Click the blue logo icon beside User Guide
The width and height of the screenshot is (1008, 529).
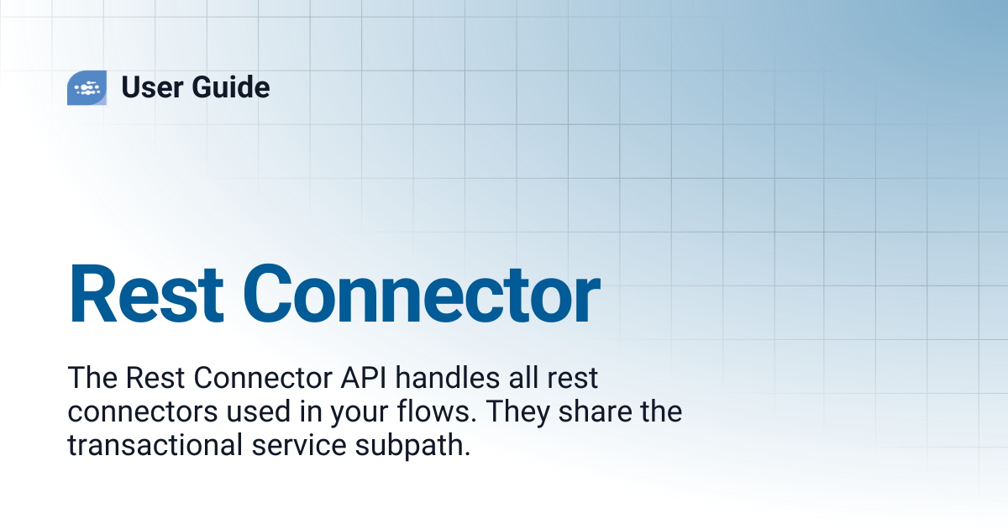(x=87, y=87)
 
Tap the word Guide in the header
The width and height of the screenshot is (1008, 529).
(x=231, y=86)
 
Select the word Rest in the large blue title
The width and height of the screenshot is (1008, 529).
(x=146, y=294)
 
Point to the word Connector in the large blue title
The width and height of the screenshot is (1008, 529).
(x=422, y=294)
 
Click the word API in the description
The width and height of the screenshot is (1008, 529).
(x=364, y=378)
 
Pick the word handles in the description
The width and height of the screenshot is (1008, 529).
(x=448, y=377)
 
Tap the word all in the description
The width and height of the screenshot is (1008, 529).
(x=523, y=377)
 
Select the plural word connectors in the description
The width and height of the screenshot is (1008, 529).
(x=143, y=412)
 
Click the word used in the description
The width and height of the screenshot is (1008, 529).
(x=259, y=411)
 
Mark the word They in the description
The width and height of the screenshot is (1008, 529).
(x=517, y=413)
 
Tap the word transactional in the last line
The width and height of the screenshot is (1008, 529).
(x=155, y=445)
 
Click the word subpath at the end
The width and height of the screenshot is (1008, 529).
(x=412, y=446)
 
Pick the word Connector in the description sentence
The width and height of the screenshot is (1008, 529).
(x=263, y=378)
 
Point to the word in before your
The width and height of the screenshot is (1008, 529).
(x=311, y=411)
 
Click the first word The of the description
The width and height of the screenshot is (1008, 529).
(x=92, y=378)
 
